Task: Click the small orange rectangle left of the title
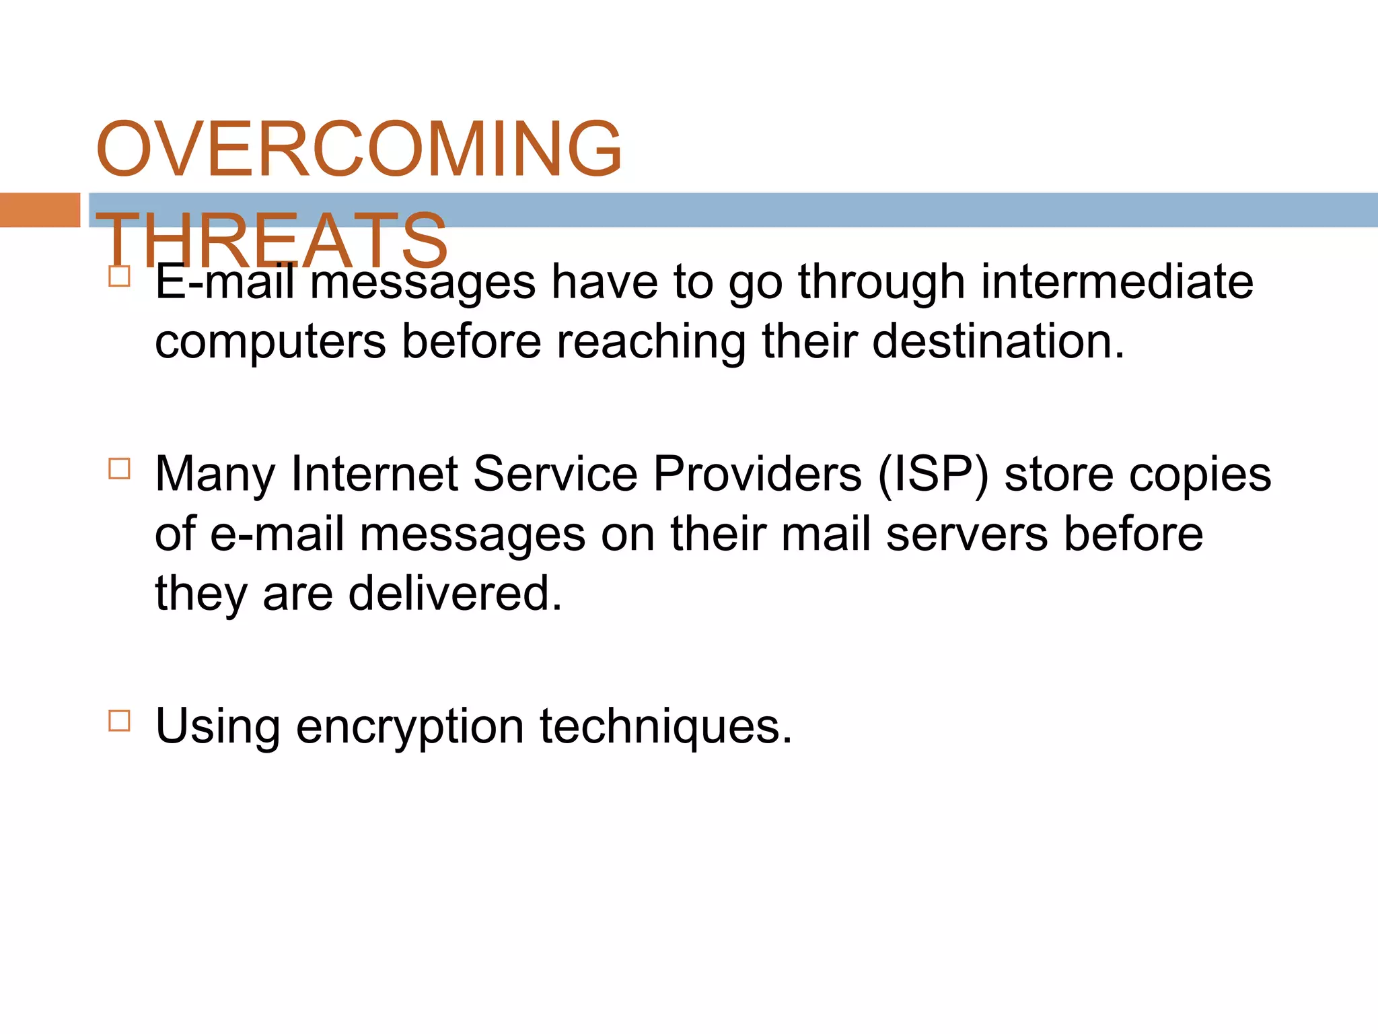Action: [x=40, y=210]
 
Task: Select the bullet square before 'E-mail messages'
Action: [x=119, y=276]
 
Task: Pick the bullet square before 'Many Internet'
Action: [x=119, y=468]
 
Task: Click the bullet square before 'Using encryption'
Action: [x=119, y=720]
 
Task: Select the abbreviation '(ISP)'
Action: [x=933, y=474]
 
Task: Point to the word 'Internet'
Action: [x=374, y=474]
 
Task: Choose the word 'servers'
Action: [x=966, y=534]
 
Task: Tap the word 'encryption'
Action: [x=410, y=727]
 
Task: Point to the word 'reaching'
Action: [x=651, y=342]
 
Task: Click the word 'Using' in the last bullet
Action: [x=217, y=727]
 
